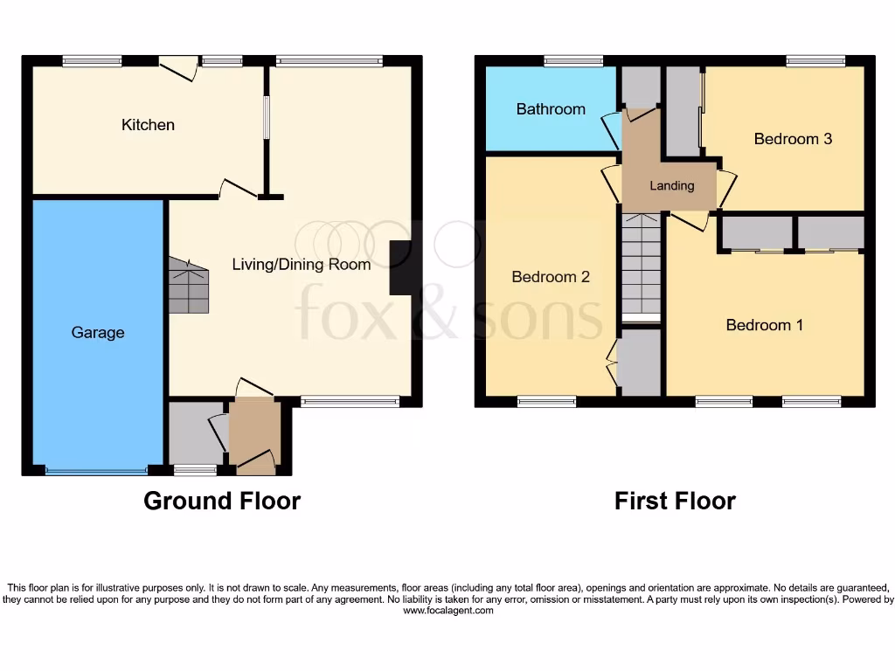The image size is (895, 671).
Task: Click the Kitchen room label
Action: tap(148, 125)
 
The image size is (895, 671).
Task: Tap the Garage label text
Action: tap(98, 333)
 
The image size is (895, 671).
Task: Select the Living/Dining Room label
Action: tap(301, 264)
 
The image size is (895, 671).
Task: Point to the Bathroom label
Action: tap(551, 109)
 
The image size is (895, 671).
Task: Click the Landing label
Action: tap(672, 186)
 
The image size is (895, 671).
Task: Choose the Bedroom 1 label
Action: tap(765, 325)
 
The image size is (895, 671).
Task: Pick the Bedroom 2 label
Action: tap(551, 277)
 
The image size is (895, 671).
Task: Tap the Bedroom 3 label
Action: tap(793, 139)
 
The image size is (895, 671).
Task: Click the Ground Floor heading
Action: tap(222, 501)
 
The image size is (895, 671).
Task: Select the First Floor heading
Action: tap(675, 501)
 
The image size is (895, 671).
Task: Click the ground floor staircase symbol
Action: tap(190, 286)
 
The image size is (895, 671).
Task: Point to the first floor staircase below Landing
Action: tap(642, 266)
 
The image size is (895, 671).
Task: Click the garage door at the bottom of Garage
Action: tap(97, 471)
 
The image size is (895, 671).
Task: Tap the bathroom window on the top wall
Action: tap(573, 61)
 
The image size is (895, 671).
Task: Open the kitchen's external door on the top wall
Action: tap(178, 68)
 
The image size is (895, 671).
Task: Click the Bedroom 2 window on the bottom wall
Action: tap(546, 402)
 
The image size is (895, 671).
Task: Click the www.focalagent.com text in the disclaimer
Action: tap(447, 612)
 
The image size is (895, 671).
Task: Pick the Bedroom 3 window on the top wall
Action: tap(815, 61)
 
